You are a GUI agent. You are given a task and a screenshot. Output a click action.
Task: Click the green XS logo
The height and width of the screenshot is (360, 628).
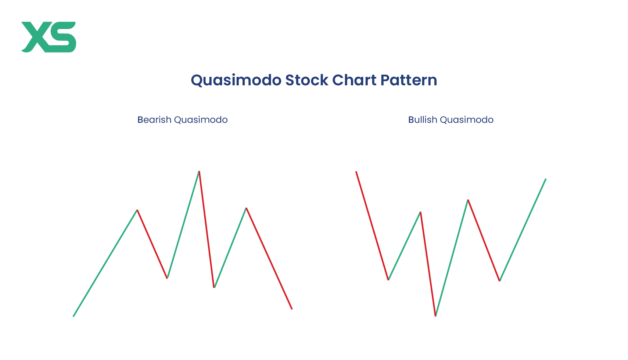tap(49, 37)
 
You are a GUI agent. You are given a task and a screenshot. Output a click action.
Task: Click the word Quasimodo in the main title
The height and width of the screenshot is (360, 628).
tap(236, 80)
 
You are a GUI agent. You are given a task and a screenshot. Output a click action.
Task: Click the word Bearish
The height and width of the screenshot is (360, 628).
tap(154, 120)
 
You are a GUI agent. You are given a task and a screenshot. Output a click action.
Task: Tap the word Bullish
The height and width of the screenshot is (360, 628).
tap(423, 120)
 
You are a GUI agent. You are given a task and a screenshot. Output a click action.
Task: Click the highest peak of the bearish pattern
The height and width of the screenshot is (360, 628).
tap(199, 171)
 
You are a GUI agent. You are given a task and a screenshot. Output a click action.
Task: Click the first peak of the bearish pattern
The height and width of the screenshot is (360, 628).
tap(137, 210)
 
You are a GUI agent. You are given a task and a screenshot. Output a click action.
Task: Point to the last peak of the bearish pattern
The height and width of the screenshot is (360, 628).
tap(246, 208)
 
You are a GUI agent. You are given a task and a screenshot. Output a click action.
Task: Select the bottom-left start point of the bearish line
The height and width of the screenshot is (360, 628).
tap(73, 317)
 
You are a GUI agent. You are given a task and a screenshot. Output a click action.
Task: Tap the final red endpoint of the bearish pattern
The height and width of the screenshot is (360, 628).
tap(292, 309)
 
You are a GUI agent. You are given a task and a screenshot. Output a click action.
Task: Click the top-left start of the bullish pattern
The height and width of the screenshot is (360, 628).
tap(356, 171)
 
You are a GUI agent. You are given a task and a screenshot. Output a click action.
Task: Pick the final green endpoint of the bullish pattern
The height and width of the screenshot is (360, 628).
tap(546, 178)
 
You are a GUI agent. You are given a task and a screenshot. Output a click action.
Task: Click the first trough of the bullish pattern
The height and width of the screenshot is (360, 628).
tap(388, 280)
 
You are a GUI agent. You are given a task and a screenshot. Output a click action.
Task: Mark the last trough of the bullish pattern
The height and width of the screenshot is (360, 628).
tap(500, 281)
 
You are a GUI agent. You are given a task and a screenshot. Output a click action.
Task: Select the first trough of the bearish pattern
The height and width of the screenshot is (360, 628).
tap(167, 278)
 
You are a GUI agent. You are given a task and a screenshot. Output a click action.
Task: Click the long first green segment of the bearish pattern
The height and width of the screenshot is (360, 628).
tap(105, 263)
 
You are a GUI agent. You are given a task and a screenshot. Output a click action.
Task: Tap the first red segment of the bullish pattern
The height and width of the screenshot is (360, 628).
tap(372, 225)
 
